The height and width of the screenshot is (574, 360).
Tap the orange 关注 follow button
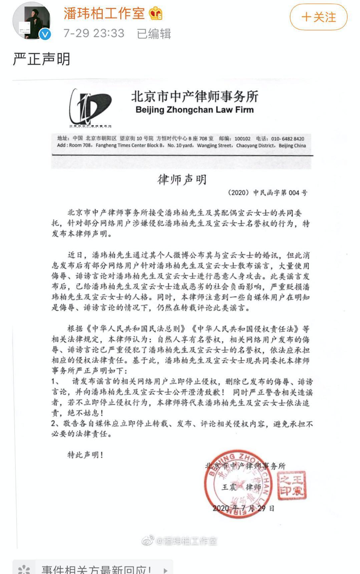(318, 17)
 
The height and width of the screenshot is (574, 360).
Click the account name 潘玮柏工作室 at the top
(104, 13)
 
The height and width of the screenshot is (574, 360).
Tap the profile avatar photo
(32, 21)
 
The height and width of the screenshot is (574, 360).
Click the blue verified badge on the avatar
(45, 34)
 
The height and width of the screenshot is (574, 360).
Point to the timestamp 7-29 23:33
(94, 33)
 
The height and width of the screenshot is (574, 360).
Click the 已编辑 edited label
(154, 33)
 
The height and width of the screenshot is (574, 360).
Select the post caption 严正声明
(41, 59)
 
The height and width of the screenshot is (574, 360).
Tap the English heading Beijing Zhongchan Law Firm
(195, 110)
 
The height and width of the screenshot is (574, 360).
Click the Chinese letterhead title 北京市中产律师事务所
(195, 97)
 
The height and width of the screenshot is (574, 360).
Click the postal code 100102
(242, 139)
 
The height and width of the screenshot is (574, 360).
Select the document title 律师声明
(182, 180)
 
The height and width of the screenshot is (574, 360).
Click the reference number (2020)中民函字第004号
(267, 192)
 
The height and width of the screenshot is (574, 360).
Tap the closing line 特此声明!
(85, 455)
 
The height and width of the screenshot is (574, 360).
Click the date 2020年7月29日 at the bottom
(244, 508)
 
